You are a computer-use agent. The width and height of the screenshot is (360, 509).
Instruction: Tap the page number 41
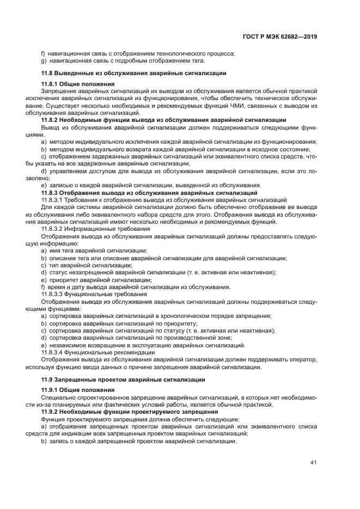tap(313, 462)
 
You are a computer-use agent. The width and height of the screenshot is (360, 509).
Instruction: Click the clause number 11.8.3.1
tap(53, 200)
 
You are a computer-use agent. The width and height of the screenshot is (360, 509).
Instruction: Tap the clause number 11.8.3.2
tap(53, 229)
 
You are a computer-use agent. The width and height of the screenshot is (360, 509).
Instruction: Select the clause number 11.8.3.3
tap(53, 294)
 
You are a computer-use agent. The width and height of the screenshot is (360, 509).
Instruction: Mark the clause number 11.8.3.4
tap(53, 352)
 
